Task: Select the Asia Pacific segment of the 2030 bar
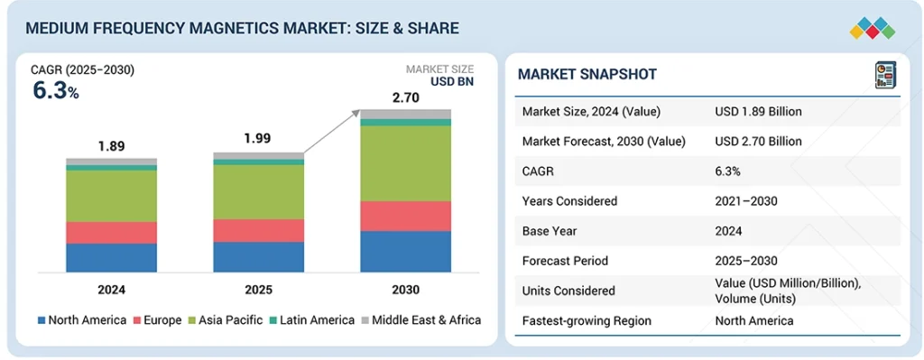[405, 162]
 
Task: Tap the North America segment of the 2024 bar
[111, 257]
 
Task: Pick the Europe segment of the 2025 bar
[258, 230]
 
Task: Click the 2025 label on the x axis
[258, 290]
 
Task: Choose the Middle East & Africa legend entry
[420, 320]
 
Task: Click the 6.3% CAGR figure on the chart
[55, 91]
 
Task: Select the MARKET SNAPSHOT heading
[587, 74]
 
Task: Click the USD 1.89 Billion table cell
[758, 112]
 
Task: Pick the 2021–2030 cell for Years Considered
[746, 201]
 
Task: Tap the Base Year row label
[549, 231]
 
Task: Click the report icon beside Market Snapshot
[882, 75]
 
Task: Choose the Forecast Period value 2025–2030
[746, 261]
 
